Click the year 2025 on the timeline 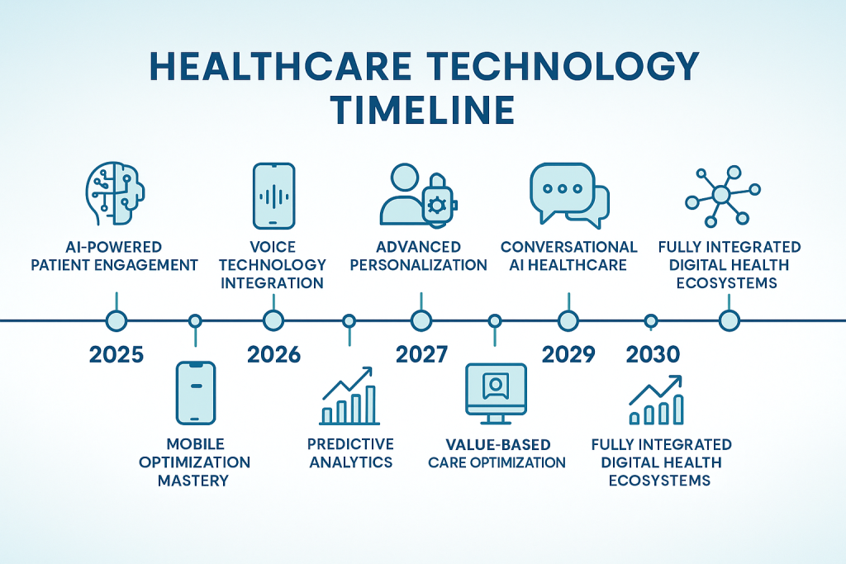(116, 354)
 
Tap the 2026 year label (273, 354)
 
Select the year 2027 (421, 354)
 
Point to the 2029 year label (568, 354)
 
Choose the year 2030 (653, 354)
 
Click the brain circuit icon (115, 193)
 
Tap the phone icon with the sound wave (274, 197)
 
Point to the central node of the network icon (720, 194)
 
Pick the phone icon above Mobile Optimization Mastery (196, 393)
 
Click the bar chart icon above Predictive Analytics (349, 396)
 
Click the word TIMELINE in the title (423, 110)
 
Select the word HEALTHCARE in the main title (281, 66)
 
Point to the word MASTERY (193, 481)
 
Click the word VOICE (273, 247)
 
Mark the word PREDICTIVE (350, 444)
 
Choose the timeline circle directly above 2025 (116, 321)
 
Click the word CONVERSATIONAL (568, 247)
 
